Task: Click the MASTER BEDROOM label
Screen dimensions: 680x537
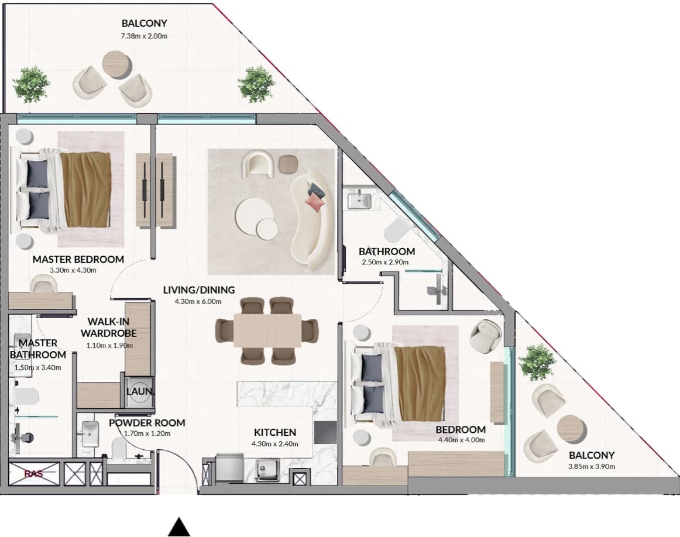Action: pos(78,259)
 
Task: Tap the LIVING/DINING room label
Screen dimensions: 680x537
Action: pos(198,290)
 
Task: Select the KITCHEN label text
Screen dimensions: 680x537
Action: pos(275,432)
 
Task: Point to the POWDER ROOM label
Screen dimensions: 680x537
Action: pos(147,422)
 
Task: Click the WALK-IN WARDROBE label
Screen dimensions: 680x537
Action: pos(109,327)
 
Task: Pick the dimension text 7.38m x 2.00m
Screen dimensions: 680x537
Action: pos(144,36)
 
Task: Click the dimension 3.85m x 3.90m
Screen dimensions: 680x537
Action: pos(592,467)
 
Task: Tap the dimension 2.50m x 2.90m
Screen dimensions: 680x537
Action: pos(385,262)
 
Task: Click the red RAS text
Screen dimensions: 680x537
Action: pos(33,474)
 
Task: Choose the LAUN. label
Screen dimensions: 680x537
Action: pos(140,391)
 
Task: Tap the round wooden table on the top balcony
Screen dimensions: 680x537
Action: pos(116,64)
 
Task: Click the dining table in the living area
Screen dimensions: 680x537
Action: pos(267,329)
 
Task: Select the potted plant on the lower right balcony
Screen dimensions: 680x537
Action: pos(537,362)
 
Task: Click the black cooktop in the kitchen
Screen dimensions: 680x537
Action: pos(325,433)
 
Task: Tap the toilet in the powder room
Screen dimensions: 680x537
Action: pos(118,448)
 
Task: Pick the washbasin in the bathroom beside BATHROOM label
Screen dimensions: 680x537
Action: pos(359,201)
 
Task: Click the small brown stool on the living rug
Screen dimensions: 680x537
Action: pos(287,163)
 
